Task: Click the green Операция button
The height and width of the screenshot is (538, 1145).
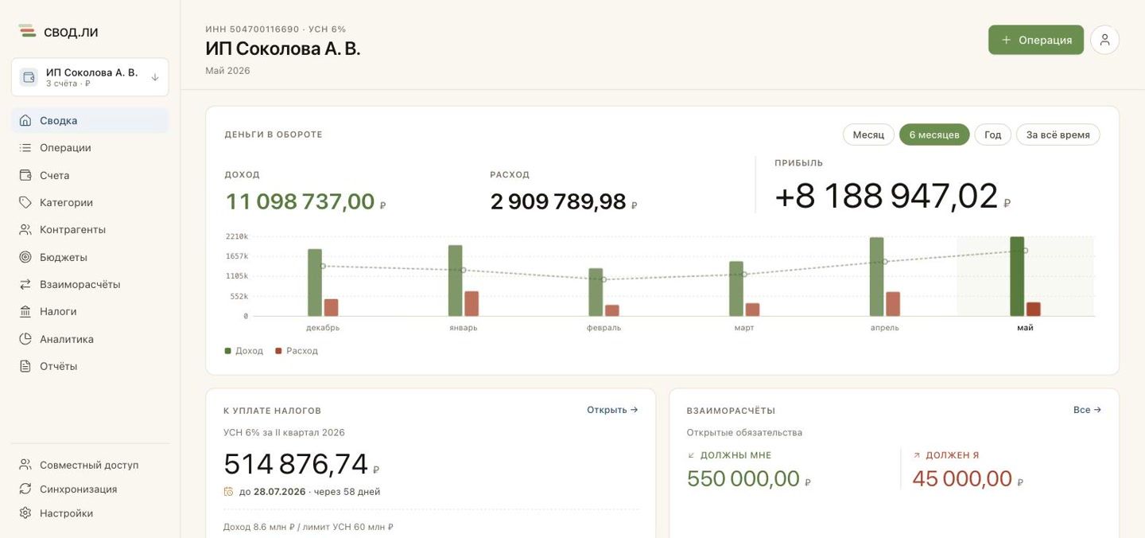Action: tap(1035, 40)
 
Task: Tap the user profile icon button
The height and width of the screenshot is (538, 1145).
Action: tap(1104, 40)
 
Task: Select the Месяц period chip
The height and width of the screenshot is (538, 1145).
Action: tap(868, 134)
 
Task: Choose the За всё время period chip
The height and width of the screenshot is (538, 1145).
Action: tap(1058, 134)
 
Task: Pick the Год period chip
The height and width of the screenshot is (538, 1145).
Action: tap(992, 134)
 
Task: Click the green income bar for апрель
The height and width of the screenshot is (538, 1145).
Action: tap(876, 277)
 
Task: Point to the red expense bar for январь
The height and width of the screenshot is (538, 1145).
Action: tap(472, 304)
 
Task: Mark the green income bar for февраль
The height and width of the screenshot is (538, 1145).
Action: tap(596, 292)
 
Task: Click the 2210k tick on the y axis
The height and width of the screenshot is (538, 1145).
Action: tap(237, 236)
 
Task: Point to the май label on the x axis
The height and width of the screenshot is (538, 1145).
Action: tap(1025, 327)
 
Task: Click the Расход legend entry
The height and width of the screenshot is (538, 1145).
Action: tap(297, 351)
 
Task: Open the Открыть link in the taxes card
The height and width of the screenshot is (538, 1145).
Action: tap(612, 410)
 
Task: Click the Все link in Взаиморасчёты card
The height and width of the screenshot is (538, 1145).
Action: tap(1087, 410)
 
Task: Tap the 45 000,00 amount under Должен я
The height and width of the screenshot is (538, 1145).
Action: tap(962, 478)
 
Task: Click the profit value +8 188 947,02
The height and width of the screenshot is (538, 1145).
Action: tap(887, 196)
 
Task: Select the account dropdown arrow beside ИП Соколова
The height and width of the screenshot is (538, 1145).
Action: tap(155, 77)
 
